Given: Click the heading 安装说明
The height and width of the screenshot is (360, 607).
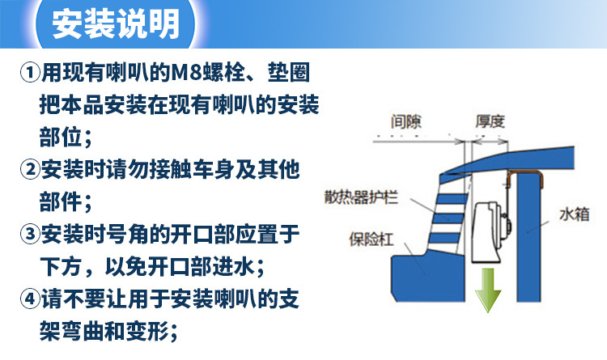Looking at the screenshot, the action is (116, 24).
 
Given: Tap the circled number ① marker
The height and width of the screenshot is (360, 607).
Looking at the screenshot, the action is (29, 72).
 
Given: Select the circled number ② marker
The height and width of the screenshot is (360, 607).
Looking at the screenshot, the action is (29, 170).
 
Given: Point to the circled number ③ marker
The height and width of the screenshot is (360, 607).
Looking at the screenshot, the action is (29, 234).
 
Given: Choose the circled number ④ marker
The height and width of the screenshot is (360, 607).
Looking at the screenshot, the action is (29, 299).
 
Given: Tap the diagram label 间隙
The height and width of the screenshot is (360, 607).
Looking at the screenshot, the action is (405, 122).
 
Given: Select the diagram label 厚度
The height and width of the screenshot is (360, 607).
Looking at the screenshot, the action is (490, 122).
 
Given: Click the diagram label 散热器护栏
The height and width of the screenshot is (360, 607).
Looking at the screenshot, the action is (361, 197).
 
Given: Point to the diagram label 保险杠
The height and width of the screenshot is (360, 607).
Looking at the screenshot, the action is (371, 239).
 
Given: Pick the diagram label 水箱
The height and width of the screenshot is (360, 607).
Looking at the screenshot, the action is (574, 214).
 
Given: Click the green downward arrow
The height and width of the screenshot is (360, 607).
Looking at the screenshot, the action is (488, 290).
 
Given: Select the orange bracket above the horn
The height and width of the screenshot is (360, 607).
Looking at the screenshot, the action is (524, 173).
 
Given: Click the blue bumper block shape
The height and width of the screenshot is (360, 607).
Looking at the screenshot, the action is (428, 277).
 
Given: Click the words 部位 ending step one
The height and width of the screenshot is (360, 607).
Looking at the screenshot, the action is (60, 138).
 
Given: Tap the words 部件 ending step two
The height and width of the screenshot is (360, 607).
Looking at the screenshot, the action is (60, 202).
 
